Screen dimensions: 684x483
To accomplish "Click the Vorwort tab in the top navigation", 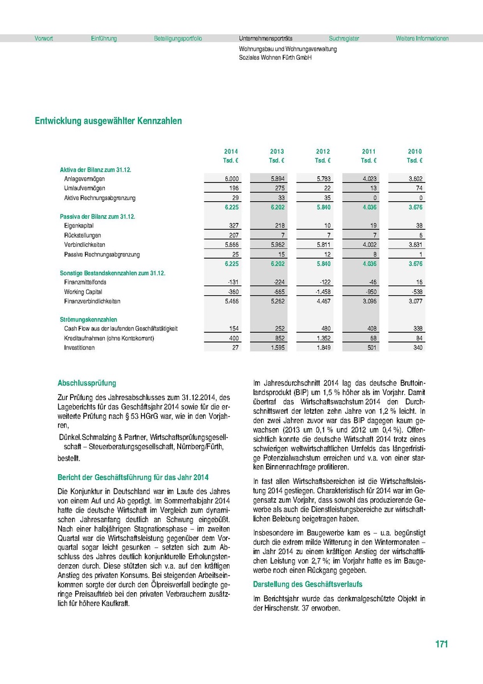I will (44, 39).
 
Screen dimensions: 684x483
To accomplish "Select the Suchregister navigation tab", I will (344, 39).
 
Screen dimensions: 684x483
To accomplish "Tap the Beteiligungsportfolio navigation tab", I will (178, 39).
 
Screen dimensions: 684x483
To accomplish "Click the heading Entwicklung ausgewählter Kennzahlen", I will (108, 121).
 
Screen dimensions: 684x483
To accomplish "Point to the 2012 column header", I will (323, 152).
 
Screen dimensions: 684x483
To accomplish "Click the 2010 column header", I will (415, 152).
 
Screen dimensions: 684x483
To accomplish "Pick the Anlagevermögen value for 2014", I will (231, 179).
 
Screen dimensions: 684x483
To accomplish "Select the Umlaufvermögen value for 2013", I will (277, 188).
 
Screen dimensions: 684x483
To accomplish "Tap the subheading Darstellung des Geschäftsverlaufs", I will (308, 585).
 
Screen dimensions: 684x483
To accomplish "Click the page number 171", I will (441, 645).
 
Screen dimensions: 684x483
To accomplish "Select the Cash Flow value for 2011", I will (369, 329).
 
